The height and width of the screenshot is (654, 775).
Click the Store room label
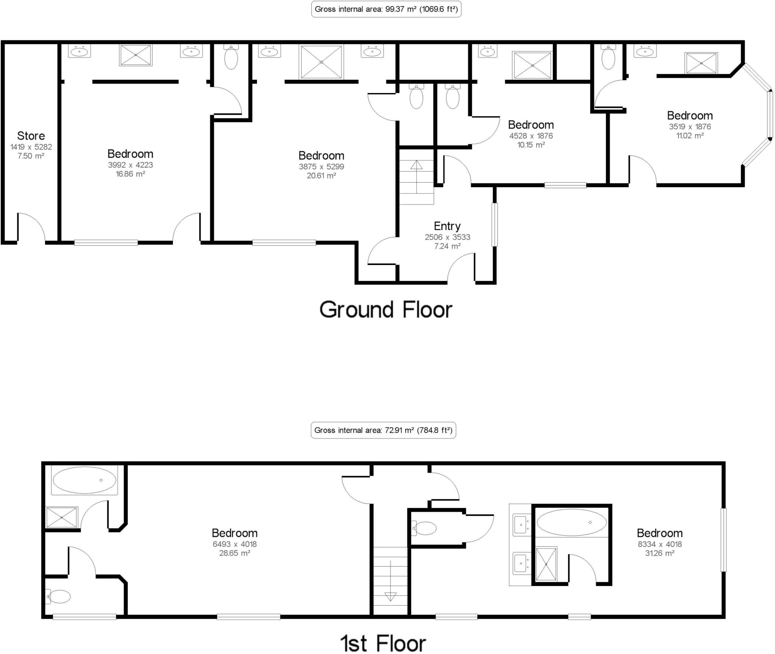(31, 136)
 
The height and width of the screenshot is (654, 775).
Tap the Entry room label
(447, 226)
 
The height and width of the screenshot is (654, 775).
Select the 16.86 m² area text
(130, 174)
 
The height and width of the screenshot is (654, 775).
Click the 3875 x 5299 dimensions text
(321, 166)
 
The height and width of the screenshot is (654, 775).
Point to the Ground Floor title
(386, 310)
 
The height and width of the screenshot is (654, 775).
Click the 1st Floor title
(383, 643)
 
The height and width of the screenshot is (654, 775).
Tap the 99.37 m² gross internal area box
(386, 9)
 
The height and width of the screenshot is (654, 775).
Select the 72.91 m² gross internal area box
(383, 430)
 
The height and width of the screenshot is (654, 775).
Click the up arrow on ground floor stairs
(416, 165)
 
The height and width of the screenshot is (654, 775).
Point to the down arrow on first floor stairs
(390, 597)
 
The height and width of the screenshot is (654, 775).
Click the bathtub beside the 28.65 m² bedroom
(84, 480)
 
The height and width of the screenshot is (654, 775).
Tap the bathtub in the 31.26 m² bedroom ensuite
(571, 522)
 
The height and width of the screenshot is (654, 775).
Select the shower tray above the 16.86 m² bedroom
(135, 55)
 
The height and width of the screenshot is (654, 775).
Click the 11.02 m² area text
(689, 136)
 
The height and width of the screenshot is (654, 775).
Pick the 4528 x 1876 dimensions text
(531, 136)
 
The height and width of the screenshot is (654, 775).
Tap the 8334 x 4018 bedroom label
(659, 533)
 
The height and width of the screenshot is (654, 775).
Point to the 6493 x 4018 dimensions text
(234, 544)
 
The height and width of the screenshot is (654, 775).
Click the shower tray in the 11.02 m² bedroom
(701, 63)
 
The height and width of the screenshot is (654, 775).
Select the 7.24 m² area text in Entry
(447, 246)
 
